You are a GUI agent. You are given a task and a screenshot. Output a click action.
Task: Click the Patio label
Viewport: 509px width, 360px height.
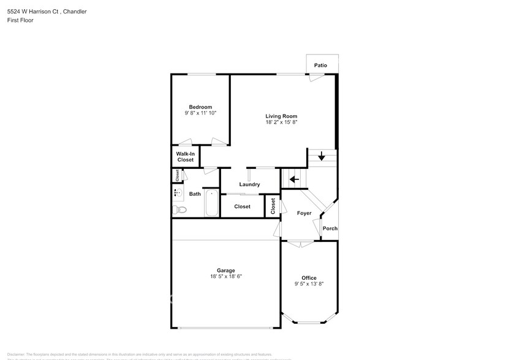coord(320,65)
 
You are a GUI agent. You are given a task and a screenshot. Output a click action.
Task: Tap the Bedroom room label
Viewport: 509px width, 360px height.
coord(200,107)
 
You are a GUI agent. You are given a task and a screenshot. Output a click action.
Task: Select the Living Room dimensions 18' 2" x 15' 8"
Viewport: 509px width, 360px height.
coord(281,122)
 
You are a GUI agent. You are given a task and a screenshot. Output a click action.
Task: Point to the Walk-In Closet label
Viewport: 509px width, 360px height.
coord(186,157)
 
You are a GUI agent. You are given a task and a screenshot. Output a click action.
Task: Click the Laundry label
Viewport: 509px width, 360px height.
coord(250,184)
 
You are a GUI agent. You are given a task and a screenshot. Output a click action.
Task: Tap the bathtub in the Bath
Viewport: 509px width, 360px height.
coord(211,203)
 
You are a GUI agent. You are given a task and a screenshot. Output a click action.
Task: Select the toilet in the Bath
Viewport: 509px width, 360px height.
coord(179,210)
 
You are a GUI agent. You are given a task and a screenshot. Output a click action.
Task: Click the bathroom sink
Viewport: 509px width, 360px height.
coord(178,193)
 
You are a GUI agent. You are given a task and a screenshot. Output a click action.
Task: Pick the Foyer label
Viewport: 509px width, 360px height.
coord(304,213)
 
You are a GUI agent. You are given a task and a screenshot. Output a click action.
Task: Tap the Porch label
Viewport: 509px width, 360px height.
coord(330,228)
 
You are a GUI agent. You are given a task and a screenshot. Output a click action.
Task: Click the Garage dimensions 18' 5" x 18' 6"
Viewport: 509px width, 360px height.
coord(226,277)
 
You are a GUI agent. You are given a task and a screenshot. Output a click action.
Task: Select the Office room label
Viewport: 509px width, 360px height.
coord(309,277)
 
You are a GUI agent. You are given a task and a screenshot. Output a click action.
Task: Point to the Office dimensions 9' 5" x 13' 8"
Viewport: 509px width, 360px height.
coord(309,283)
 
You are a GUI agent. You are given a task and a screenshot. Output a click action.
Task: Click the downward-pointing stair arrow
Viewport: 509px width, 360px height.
coord(322,157)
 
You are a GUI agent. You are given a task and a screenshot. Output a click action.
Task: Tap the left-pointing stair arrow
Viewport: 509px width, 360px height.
coord(293,179)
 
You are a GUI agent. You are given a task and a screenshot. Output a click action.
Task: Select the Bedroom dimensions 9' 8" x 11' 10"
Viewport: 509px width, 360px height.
coord(200,113)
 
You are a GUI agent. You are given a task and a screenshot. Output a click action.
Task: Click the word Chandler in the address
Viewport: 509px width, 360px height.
coord(73,10)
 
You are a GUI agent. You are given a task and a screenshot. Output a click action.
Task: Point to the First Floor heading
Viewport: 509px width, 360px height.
coord(21,20)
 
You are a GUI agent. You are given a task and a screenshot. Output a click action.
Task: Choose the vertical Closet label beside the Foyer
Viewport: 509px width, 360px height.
coord(273,206)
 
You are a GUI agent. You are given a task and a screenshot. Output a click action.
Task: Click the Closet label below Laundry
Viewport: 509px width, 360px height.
coord(243,206)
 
